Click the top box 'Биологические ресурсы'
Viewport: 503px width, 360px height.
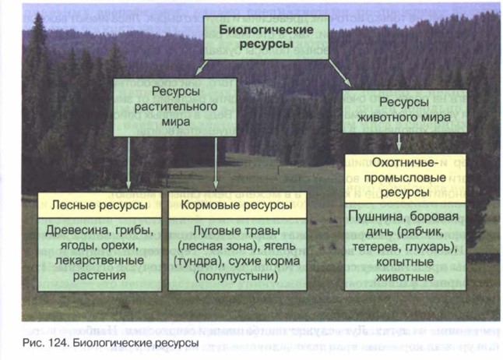point(251,37)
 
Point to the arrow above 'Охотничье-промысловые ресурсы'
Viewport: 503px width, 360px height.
point(399,142)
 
